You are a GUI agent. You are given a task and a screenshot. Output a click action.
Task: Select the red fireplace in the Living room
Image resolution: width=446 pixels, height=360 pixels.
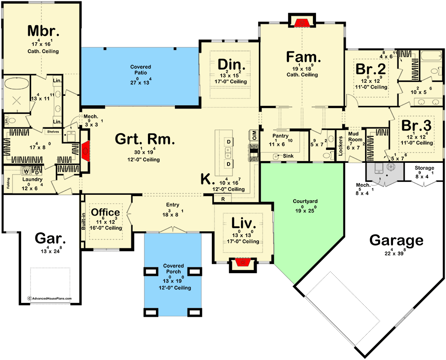point(243,262)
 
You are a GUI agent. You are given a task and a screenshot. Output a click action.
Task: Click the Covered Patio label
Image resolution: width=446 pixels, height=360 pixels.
point(140,70)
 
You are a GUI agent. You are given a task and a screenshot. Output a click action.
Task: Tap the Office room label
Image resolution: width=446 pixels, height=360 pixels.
point(106,212)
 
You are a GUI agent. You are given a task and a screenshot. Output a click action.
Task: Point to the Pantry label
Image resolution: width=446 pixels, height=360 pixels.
point(280,135)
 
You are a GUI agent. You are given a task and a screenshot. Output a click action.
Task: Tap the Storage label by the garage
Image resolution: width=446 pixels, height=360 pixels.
point(424,168)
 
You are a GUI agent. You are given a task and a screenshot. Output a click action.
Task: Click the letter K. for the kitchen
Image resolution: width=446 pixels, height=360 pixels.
point(206,179)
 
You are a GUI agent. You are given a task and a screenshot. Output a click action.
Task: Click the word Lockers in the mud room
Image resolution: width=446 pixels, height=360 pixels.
point(340,146)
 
